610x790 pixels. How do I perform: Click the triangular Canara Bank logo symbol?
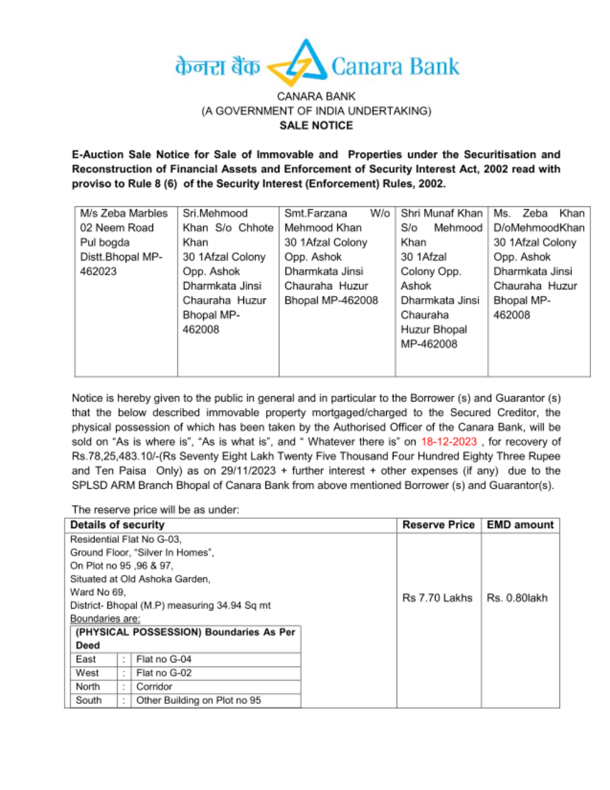tap(298, 64)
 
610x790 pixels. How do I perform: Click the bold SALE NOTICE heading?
tap(316, 126)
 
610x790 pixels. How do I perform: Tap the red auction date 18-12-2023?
tap(448, 442)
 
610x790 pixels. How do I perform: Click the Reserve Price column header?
tap(438, 525)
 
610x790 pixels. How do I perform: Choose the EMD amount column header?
tap(520, 525)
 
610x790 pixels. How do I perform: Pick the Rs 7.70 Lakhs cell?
tap(437, 598)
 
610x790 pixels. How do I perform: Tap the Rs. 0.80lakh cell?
tap(517, 598)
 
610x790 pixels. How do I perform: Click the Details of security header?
tap(117, 525)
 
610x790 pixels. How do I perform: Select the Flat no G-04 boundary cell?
tap(163, 659)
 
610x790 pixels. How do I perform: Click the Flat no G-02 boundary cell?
tap(163, 673)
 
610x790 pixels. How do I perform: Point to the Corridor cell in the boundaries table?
tap(154, 687)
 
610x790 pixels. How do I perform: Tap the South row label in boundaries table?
tap(88, 700)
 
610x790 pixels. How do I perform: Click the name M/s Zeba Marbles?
tap(123, 214)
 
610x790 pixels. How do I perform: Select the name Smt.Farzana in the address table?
tap(315, 214)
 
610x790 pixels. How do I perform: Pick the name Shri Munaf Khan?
tap(441, 214)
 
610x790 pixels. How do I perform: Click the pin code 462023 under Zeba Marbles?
tap(98, 272)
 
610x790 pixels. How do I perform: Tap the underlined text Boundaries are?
tap(105, 619)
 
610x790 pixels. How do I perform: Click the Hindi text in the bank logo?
tap(217, 66)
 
